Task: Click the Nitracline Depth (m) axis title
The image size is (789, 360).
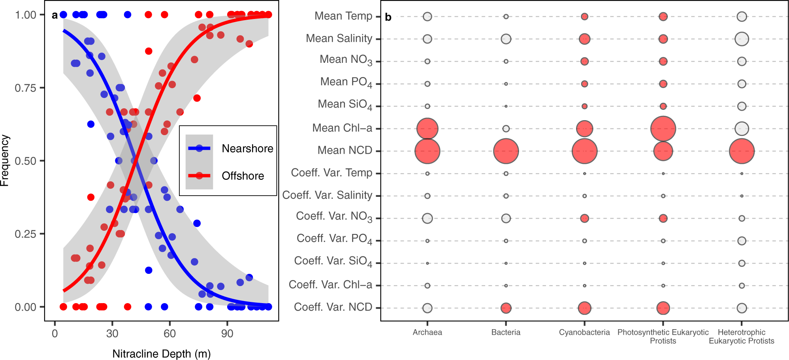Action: [x=161, y=354]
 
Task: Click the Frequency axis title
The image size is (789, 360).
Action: [x=5, y=160]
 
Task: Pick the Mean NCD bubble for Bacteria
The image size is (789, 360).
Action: [x=506, y=151]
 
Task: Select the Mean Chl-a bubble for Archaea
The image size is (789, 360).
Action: [x=427, y=128]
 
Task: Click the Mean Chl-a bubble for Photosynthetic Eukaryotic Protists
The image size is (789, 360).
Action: [x=663, y=128]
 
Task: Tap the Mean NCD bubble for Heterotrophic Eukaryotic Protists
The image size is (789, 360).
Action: [x=742, y=151]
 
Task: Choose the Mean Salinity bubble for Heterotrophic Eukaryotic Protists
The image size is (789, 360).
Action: [x=742, y=39]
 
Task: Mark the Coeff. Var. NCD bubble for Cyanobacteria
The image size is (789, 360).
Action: [x=584, y=308]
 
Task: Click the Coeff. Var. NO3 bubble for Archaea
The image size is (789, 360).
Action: [x=427, y=218]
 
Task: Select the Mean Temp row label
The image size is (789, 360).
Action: [x=343, y=16]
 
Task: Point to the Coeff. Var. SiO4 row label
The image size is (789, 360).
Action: [x=333, y=261]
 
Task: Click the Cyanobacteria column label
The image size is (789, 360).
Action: [x=584, y=332]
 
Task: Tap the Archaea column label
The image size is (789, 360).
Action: [x=427, y=332]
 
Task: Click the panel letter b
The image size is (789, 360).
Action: [x=388, y=17]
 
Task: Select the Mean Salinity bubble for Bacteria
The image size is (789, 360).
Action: [x=506, y=39]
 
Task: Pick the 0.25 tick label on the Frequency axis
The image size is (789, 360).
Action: [x=25, y=234]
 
